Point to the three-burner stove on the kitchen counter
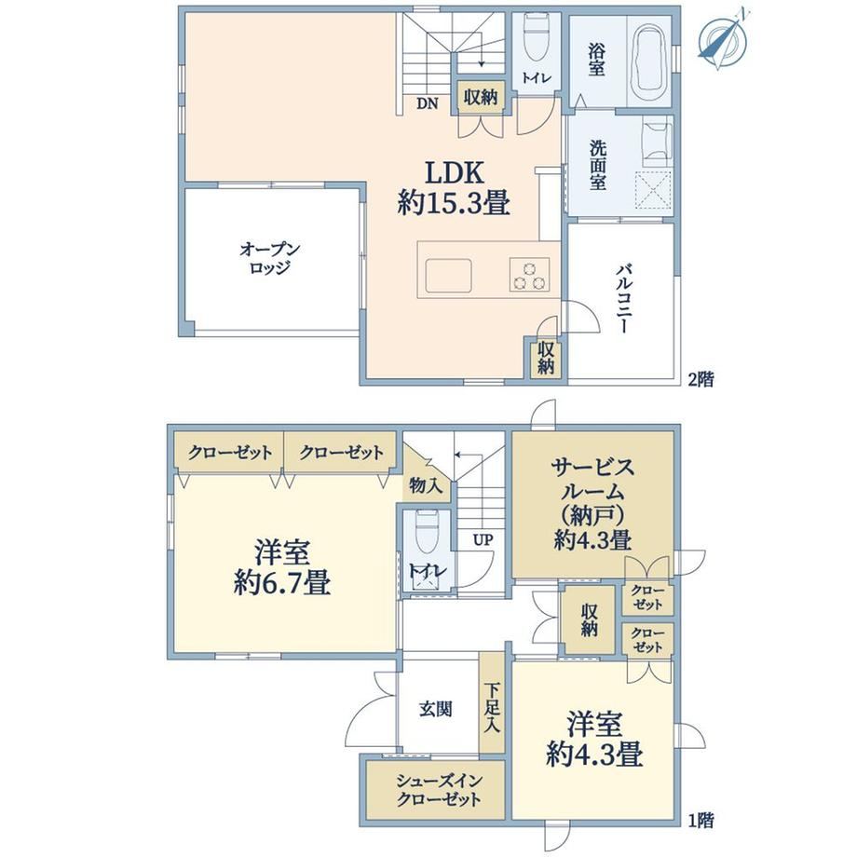coord(530,274)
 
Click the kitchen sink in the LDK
coord(449,276)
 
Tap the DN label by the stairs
coord(428,102)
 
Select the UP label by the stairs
coord(483,540)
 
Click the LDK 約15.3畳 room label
coord(455,188)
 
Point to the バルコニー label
coord(625,298)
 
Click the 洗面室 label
coord(597,166)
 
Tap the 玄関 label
coord(436,710)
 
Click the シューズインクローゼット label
coord(439,790)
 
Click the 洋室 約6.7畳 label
coord(282,567)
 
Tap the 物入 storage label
coord(426,485)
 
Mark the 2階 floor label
coord(701,379)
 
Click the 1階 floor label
coord(701,820)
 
